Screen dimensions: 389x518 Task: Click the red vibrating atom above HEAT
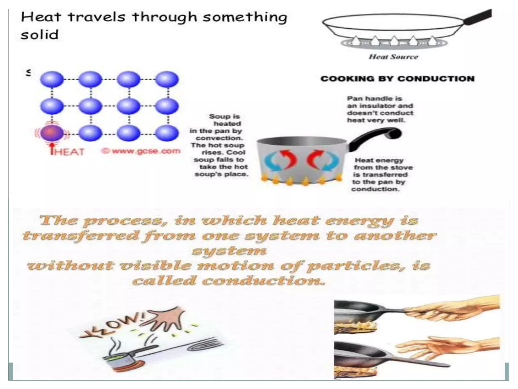[52, 133]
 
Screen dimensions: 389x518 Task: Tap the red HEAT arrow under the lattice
[52, 148]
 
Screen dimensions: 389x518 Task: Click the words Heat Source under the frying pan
[393, 57]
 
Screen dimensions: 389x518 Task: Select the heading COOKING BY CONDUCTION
[397, 79]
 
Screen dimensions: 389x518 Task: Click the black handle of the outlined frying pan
[478, 17]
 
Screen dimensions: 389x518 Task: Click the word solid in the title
[40, 35]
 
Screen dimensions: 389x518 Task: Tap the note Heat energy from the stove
[382, 175]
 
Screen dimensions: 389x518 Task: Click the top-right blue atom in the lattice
[167, 80]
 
